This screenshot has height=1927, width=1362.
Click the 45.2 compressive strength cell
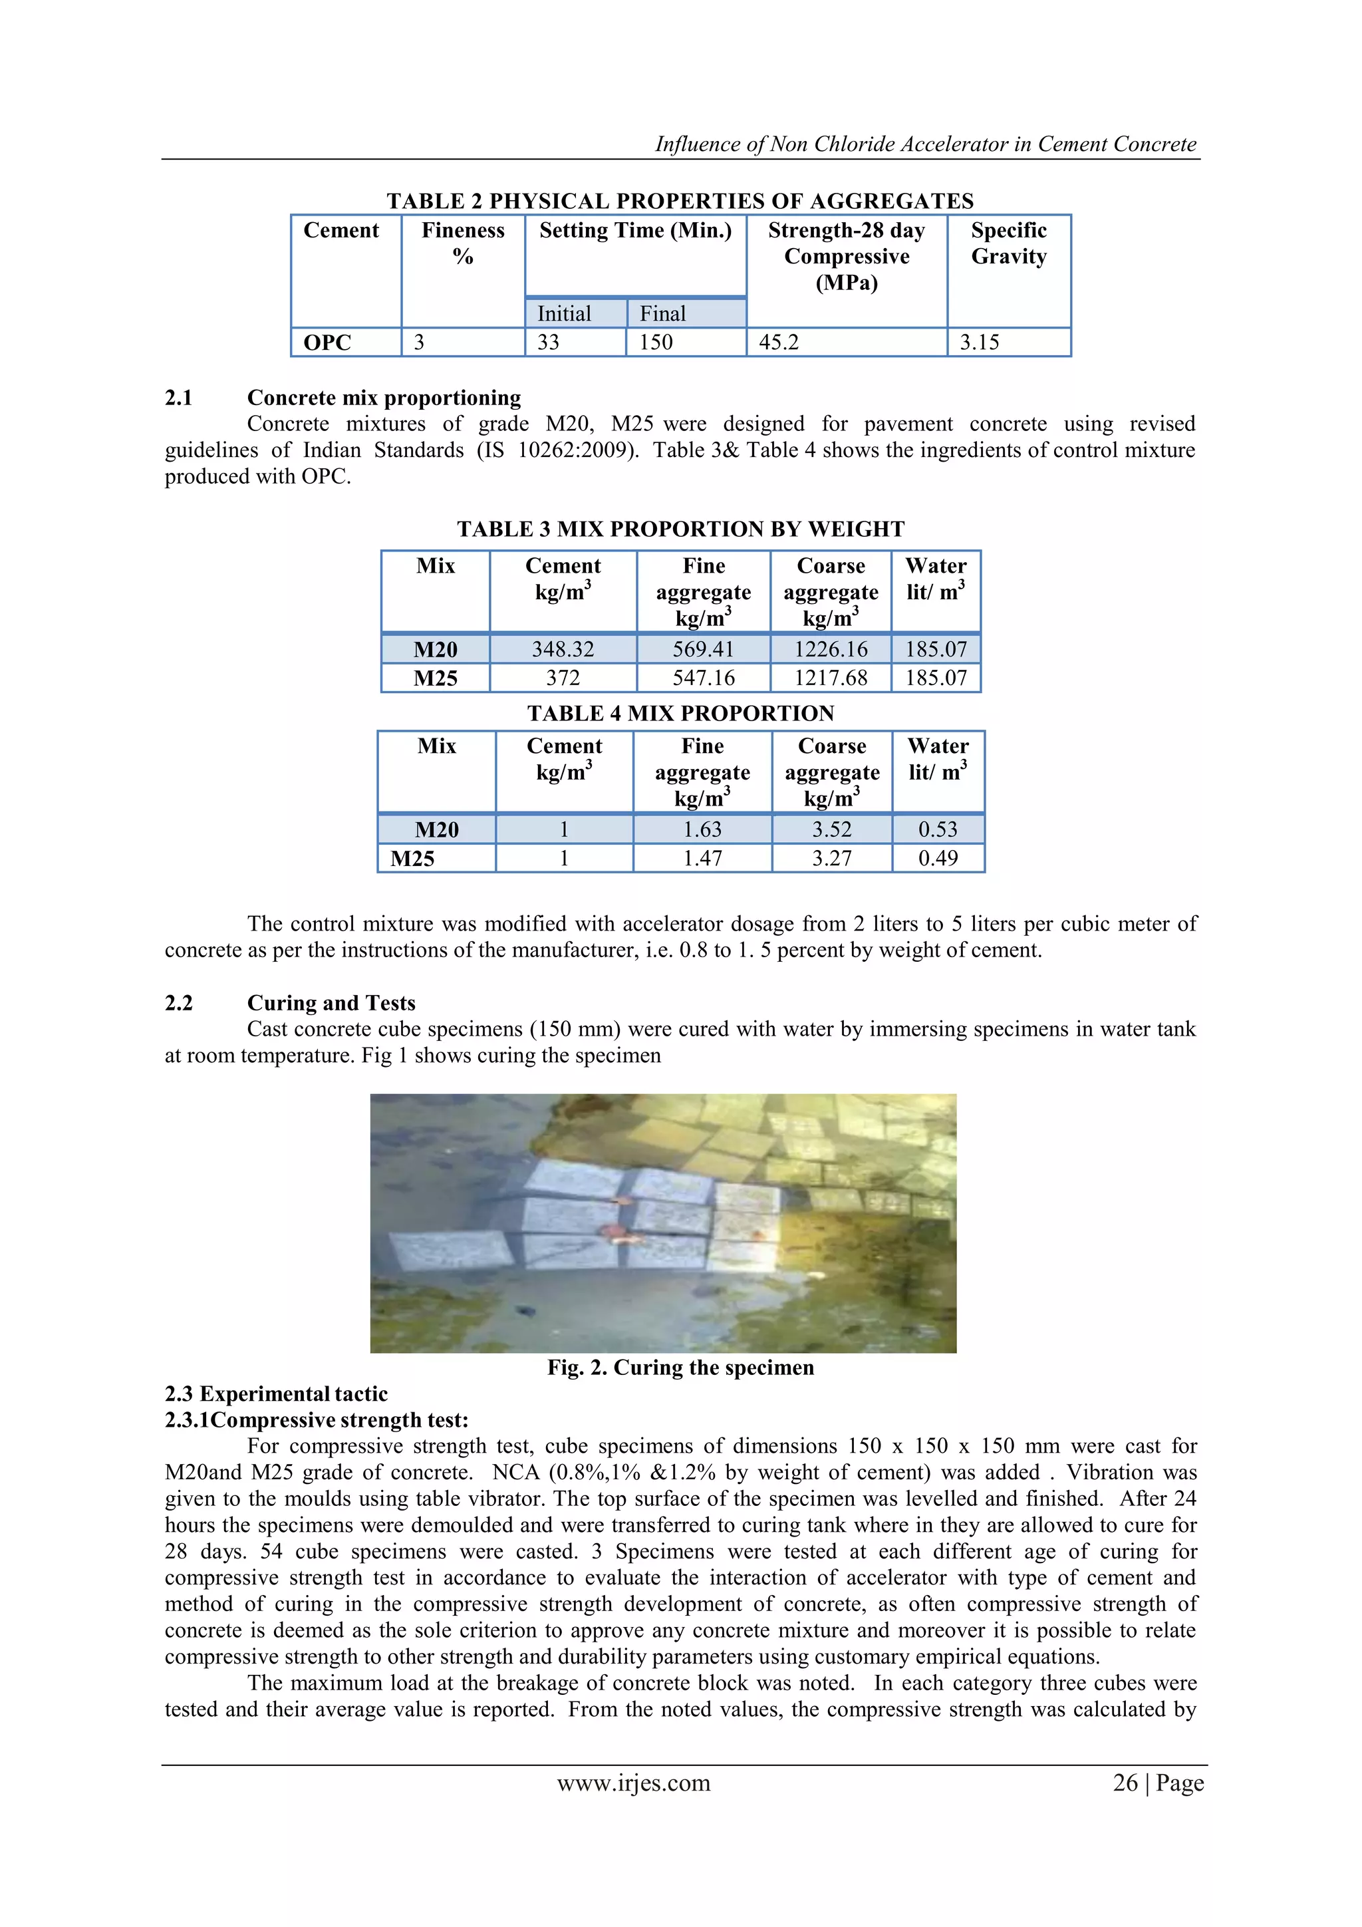pos(779,343)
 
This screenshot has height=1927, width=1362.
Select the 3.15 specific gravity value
pos(980,343)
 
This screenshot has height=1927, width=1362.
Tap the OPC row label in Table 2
pos(327,343)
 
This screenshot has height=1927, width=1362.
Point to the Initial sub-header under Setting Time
pos(564,314)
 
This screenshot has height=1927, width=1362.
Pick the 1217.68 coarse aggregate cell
pos(830,678)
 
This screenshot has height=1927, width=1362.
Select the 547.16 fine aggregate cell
pos(703,678)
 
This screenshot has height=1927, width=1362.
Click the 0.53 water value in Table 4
pos(937,830)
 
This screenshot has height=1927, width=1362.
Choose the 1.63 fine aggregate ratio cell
pos(702,830)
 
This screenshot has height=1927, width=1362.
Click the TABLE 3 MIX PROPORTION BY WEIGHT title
pos(680,529)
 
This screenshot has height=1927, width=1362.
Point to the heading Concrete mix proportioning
pos(384,398)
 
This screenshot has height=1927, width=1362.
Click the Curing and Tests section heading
pos(331,1003)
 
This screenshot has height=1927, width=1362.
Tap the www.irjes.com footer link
pos(634,1783)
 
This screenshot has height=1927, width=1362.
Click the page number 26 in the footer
pos(1125,1783)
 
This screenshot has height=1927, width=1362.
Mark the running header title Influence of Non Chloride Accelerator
pos(925,144)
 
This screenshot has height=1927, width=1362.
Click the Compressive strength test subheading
pos(317,1420)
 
